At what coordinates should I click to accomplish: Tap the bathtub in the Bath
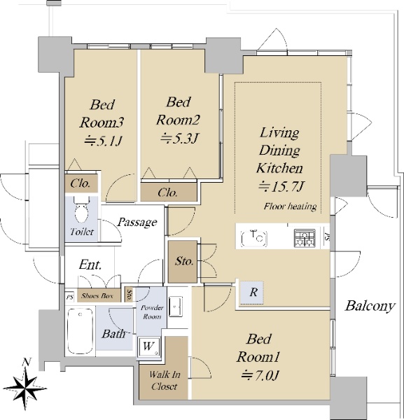tap(81, 330)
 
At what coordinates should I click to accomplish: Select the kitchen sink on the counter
tap(254, 238)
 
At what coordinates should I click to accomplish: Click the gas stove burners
tap(305, 238)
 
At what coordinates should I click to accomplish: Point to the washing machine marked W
tap(149, 347)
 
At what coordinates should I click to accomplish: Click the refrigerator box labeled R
tap(251, 292)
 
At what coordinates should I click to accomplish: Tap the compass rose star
tap(25, 388)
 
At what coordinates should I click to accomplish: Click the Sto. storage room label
tap(184, 261)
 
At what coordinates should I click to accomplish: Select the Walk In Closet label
tap(165, 380)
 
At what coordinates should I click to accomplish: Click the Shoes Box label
tap(97, 295)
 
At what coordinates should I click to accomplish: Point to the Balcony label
tap(370, 306)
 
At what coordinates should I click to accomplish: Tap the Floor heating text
tap(290, 206)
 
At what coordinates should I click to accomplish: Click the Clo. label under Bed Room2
tap(167, 192)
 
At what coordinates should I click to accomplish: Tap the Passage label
tap(137, 223)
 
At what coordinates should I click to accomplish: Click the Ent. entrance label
tap(90, 265)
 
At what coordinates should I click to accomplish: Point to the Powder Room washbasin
tap(176, 306)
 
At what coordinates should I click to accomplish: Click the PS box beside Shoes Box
tap(70, 297)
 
